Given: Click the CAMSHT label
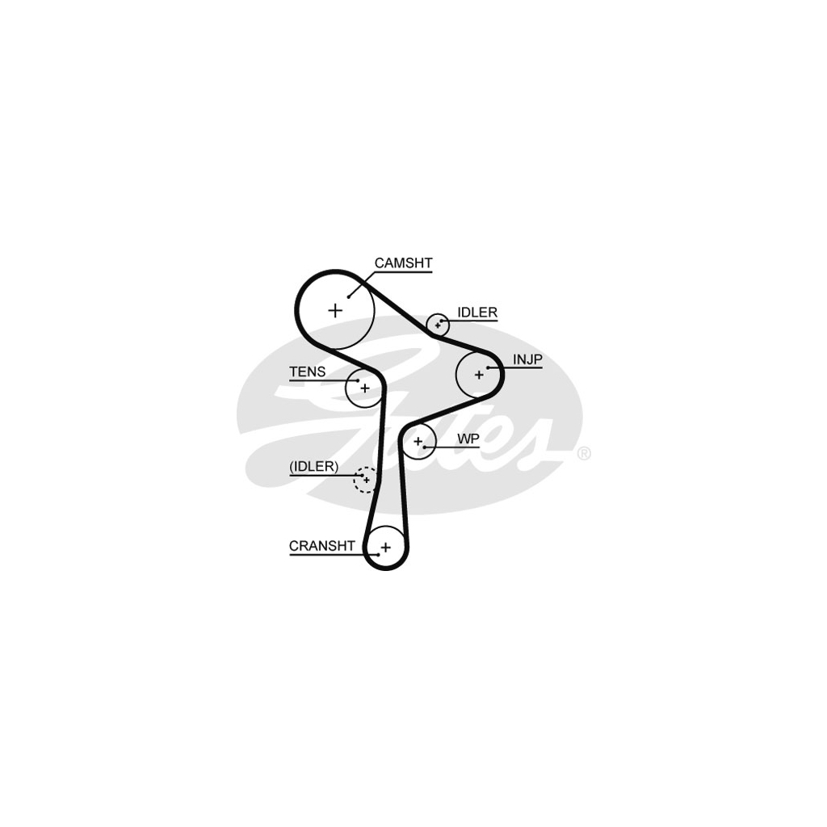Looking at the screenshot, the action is tap(404, 262).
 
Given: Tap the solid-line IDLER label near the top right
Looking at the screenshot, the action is tap(477, 313).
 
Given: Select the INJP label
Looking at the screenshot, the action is tap(527, 359).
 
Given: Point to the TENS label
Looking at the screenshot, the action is tap(308, 372).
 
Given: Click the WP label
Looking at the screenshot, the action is tap(468, 439).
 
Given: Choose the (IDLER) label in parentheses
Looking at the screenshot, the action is tap(314, 466).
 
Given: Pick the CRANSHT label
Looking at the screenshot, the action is tap(321, 546).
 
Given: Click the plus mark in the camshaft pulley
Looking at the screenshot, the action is tap(335, 310).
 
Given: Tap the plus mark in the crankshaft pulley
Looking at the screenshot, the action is tap(385, 548).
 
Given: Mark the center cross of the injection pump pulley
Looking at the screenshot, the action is tap(479, 375).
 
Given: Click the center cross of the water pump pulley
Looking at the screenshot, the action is tap(418, 441).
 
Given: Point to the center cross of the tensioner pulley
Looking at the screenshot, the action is tap(365, 388).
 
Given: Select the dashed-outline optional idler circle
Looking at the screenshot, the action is tap(366, 480).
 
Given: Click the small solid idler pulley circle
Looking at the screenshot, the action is tap(438, 325).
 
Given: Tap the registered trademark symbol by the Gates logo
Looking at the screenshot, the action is tap(584, 454).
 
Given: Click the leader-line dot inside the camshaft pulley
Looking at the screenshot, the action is tap(349, 296).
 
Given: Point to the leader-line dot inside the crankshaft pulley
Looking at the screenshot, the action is tap(378, 555).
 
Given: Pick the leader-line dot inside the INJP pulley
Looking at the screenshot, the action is tap(489, 367).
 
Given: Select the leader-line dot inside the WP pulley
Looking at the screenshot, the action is tap(424, 447).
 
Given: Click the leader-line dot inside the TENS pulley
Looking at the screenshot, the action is tap(358, 380).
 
